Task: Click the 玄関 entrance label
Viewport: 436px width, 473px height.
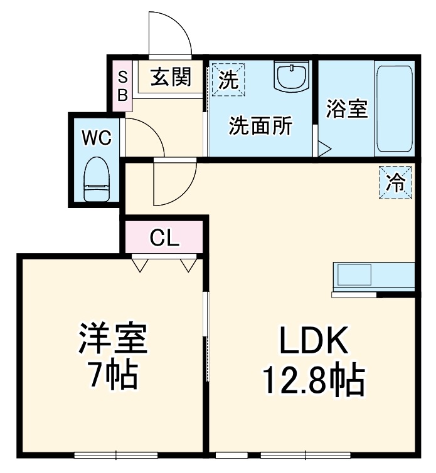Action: [169, 78]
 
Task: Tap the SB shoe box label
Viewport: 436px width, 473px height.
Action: [123, 86]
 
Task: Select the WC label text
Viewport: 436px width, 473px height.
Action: [97, 137]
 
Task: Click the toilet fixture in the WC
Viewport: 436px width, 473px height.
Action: [97, 178]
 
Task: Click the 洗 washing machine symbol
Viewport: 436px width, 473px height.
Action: [228, 80]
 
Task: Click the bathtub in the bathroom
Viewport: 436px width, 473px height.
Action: [394, 110]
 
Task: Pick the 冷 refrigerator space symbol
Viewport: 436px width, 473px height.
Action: [396, 182]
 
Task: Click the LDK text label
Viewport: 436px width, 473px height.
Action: [312, 341]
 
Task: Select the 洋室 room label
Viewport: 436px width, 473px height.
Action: [112, 339]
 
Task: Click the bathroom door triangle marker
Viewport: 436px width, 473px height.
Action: [324, 149]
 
